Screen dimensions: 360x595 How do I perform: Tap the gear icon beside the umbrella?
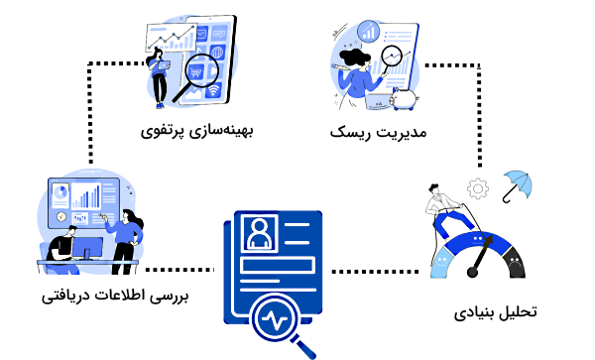[x=480, y=186]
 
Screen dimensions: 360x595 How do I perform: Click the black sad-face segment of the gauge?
[x=513, y=262]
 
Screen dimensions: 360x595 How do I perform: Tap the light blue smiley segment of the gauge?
[x=445, y=259]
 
